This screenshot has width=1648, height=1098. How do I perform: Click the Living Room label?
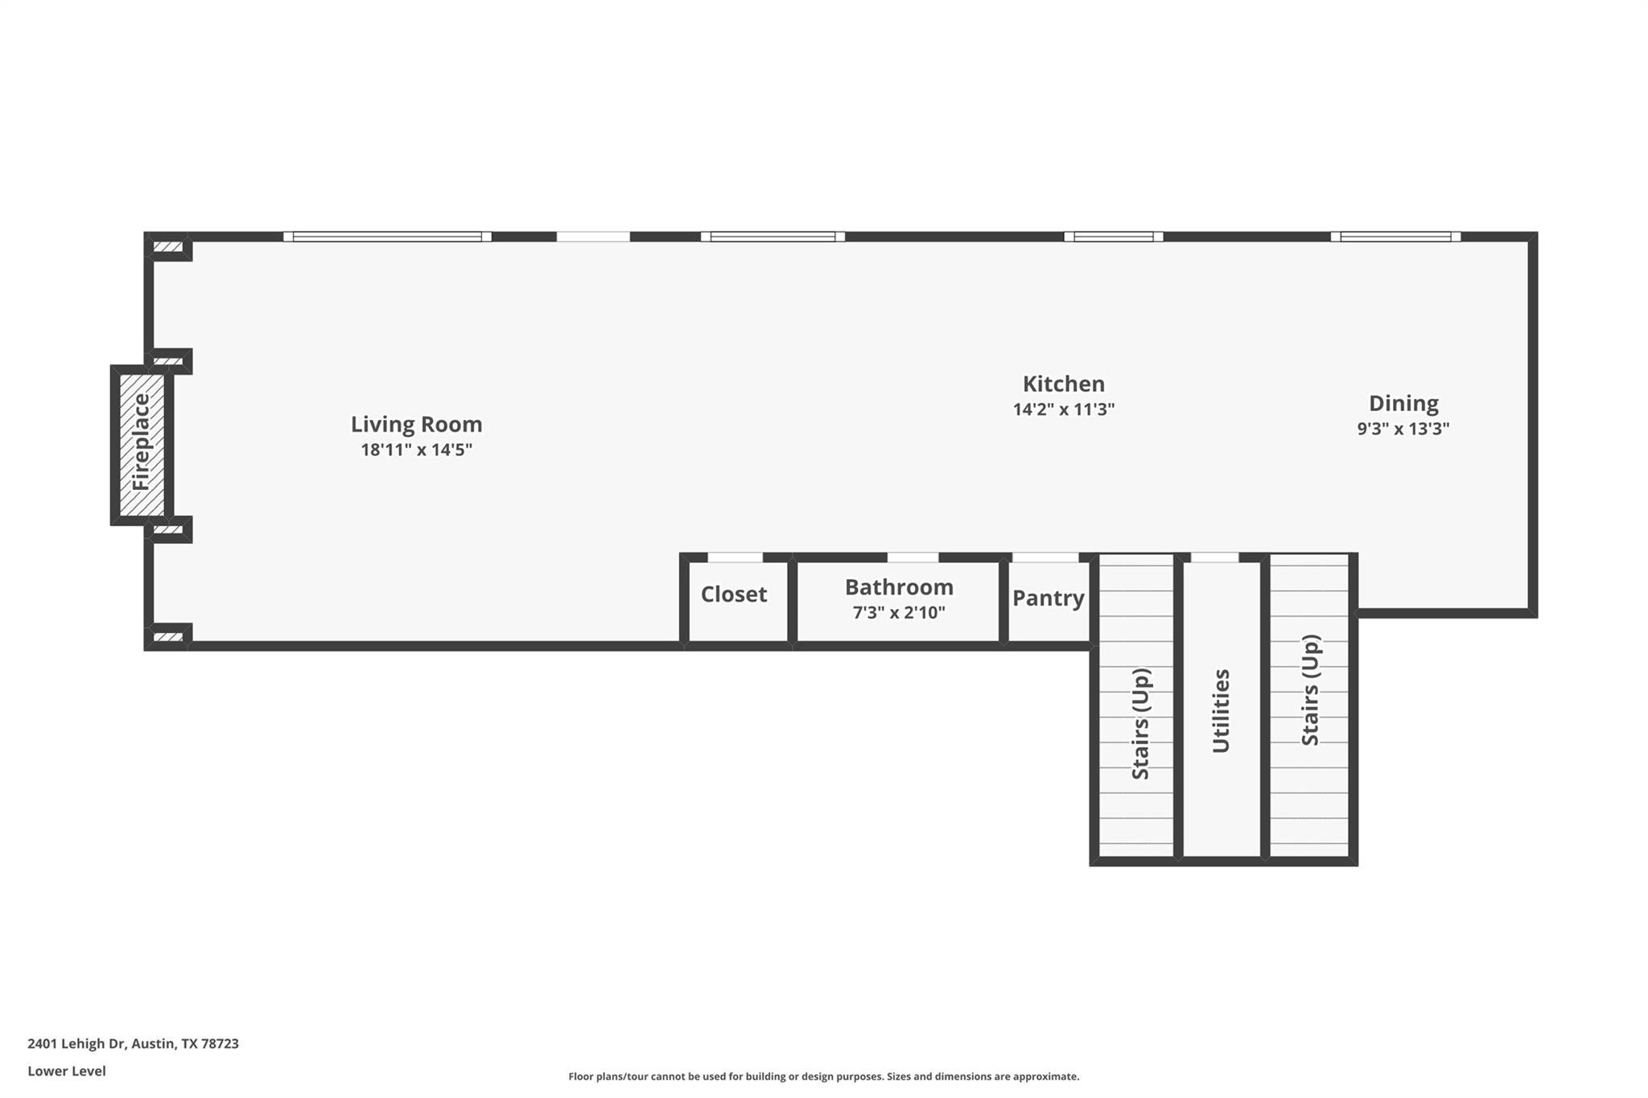click(x=416, y=424)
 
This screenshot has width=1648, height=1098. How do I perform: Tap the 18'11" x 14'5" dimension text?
click(x=416, y=450)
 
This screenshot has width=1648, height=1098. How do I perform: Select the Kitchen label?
click(x=1063, y=384)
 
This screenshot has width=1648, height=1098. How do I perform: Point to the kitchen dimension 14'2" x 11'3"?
click(x=1063, y=409)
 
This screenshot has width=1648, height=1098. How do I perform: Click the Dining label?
click(x=1403, y=403)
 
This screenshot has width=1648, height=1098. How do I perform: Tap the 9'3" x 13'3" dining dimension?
click(x=1403, y=429)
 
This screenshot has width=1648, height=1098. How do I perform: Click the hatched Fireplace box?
click(x=142, y=444)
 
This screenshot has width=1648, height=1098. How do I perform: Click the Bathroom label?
click(x=899, y=587)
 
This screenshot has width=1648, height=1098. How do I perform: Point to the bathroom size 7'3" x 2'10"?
click(x=899, y=613)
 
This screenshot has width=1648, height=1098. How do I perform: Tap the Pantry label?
click(x=1048, y=598)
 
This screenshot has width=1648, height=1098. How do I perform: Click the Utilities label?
click(x=1221, y=711)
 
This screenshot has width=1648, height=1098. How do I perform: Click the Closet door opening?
click(x=735, y=557)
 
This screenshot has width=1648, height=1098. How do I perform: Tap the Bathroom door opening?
click(x=913, y=557)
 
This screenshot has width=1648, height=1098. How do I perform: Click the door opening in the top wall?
click(x=593, y=236)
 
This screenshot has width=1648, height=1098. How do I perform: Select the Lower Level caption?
click(x=67, y=1071)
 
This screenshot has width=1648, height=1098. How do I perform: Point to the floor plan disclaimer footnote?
click(x=823, y=1076)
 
